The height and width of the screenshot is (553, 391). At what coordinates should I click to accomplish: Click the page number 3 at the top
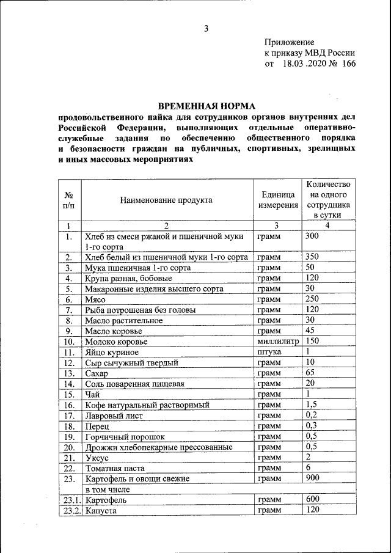point(206,28)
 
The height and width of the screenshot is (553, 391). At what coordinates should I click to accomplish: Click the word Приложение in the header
point(289,42)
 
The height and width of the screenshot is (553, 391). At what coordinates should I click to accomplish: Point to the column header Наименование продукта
point(166,200)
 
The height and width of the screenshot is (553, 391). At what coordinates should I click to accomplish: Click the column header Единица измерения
point(277,200)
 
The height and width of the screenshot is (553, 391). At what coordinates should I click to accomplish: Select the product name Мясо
point(96,300)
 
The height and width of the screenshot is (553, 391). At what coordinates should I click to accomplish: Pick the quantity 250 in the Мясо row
point(313,299)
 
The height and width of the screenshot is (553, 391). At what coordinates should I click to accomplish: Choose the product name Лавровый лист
point(114,416)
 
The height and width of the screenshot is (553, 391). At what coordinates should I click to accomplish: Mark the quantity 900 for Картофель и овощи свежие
point(313,477)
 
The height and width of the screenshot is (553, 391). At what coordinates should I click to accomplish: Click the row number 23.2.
point(70,510)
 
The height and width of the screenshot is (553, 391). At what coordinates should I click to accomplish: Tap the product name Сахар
point(97,373)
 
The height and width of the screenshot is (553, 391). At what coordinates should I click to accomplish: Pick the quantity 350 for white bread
point(313,257)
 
